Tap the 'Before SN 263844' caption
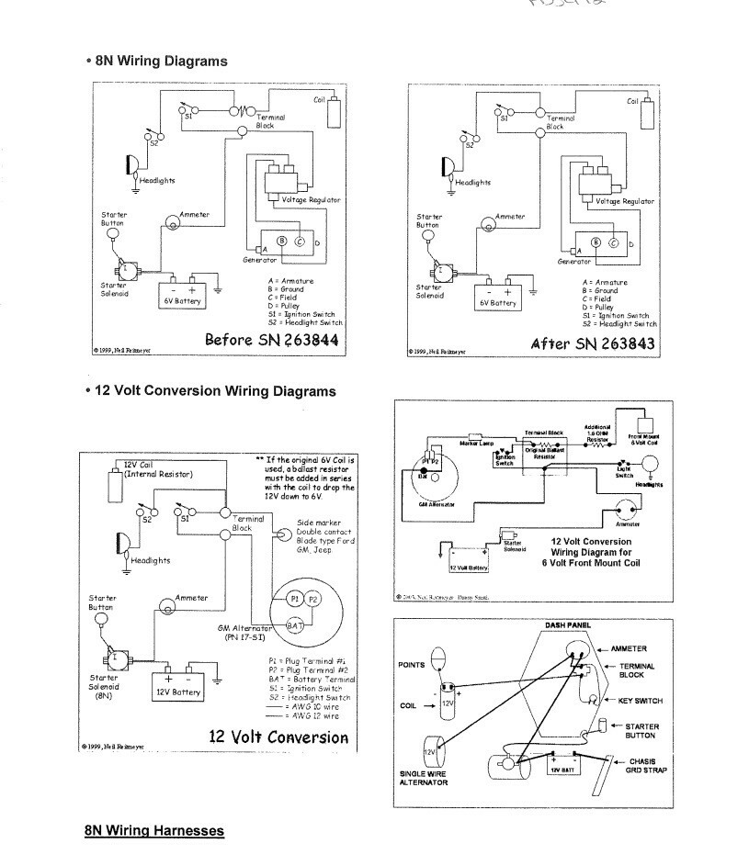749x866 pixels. (271, 340)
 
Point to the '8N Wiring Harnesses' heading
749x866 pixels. (154, 830)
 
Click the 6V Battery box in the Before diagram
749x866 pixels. (182, 295)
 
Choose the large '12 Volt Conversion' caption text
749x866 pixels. (278, 737)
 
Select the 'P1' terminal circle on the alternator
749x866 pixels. (295, 598)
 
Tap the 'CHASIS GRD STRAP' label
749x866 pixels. (647, 765)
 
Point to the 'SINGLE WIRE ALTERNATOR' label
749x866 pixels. (424, 778)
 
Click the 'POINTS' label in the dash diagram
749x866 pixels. (412, 664)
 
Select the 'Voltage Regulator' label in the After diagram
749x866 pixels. (625, 201)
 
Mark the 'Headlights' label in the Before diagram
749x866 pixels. (159, 180)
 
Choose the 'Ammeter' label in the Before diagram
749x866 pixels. (195, 214)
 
